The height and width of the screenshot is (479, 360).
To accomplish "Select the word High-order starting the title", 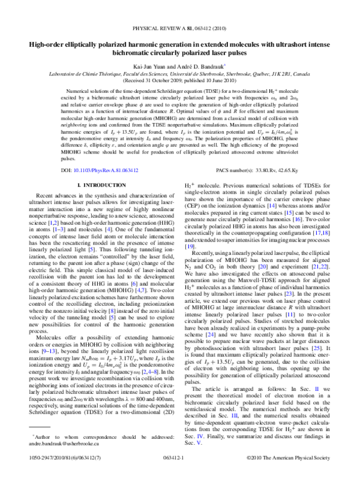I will pos(40,44).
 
